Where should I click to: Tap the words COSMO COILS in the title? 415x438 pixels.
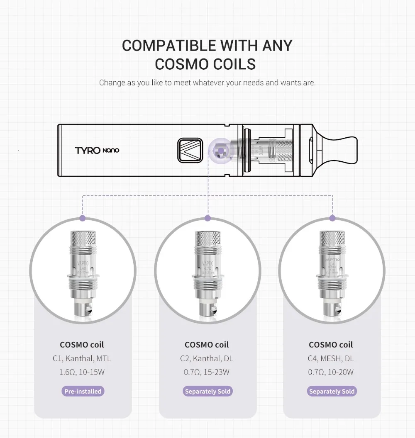pos(205,64)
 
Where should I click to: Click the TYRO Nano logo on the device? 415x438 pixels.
pos(97,150)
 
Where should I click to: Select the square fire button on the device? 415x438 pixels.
pos(190,150)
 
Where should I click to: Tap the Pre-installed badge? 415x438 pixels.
pos(83,391)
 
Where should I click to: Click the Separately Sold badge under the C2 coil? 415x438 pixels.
pos(207,391)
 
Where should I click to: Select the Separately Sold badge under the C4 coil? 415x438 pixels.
pos(332,391)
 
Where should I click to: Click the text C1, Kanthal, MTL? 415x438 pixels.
pos(83,358)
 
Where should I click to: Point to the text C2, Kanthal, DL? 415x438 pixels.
pos(207,358)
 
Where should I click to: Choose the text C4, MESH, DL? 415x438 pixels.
pos(331,358)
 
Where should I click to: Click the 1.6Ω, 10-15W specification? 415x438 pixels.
pos(83,372)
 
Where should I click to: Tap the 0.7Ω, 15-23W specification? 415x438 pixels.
pos(207,372)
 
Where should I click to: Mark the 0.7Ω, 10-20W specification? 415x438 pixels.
pos(331,372)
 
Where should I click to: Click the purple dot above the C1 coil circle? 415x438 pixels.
pos(83,218)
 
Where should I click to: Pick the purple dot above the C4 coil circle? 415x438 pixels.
pos(332,218)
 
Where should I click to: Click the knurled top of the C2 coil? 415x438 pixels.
pos(207,239)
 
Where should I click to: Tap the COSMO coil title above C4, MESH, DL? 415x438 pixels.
pos(331,345)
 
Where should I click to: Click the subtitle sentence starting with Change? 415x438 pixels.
pos(207,83)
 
